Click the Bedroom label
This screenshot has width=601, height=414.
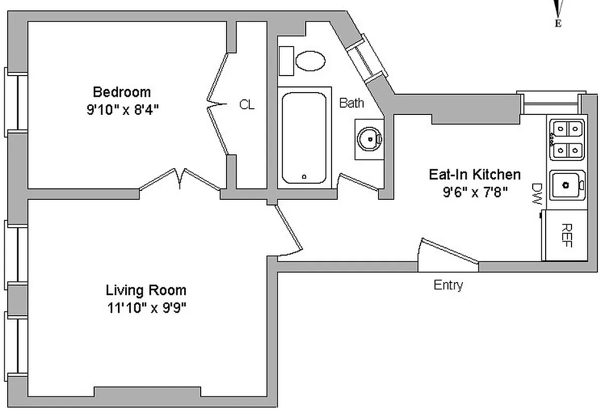[x=122, y=92]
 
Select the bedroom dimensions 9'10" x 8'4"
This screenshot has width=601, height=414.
[x=122, y=110]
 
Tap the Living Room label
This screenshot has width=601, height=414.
[x=146, y=290]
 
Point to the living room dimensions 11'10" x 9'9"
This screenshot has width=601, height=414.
[x=146, y=308]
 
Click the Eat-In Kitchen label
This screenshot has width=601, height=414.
[x=474, y=174]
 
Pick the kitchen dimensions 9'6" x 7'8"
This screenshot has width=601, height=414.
[x=474, y=192]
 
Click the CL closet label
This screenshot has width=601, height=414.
[x=247, y=105]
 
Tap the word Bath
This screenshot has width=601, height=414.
[x=351, y=103]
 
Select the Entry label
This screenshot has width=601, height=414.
[x=448, y=285]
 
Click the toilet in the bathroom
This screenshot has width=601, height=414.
[x=310, y=61]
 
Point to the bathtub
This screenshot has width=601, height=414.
[x=304, y=138]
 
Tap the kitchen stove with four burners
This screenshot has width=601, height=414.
[x=567, y=138]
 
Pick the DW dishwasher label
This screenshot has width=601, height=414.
[x=536, y=194]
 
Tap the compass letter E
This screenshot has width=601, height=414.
[x=558, y=23]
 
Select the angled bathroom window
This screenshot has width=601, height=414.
[x=367, y=57]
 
